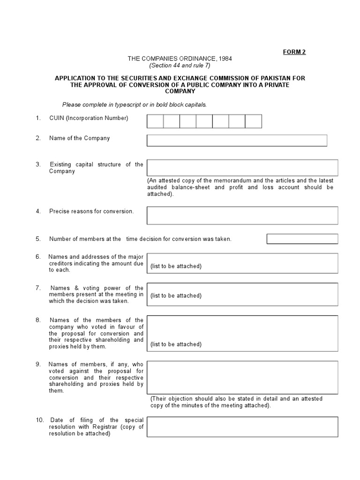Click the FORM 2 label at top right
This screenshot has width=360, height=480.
click(x=294, y=52)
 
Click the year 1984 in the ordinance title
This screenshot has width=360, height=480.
click(x=224, y=59)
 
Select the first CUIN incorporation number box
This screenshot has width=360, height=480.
click(x=155, y=121)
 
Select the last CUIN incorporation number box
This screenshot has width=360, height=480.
click(x=253, y=121)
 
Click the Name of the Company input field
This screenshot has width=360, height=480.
click(x=237, y=141)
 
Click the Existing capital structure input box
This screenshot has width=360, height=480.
click(x=242, y=167)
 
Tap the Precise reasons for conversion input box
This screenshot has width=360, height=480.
click(x=242, y=215)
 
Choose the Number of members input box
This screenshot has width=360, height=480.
click(x=302, y=239)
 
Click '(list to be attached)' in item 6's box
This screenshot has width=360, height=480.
click(x=176, y=266)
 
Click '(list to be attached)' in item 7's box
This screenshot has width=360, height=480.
click(x=176, y=296)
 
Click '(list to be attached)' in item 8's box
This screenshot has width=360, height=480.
click(x=176, y=344)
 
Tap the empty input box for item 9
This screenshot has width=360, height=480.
click(x=242, y=377)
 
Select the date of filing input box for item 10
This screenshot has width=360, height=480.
click(x=242, y=427)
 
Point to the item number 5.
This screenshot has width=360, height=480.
click(x=38, y=239)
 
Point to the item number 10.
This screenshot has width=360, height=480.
click(x=40, y=420)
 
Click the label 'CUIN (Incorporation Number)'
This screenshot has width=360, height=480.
click(x=89, y=118)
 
